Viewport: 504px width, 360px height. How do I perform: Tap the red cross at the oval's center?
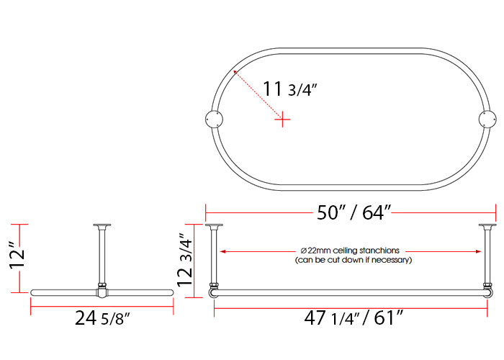[x=284, y=120]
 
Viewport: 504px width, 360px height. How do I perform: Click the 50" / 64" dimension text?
[x=354, y=213]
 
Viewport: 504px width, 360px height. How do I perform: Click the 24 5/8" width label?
[x=103, y=318]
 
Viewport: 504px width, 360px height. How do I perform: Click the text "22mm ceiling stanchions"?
[x=353, y=250]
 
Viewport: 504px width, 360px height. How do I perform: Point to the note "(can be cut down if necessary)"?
[x=353, y=259]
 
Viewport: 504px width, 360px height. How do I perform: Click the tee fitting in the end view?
[x=102, y=292]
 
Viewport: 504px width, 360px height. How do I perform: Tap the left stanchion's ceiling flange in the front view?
[x=214, y=227]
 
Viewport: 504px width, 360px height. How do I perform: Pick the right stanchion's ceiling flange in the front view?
[x=488, y=227]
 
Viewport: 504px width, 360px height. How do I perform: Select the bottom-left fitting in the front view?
[x=214, y=290]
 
